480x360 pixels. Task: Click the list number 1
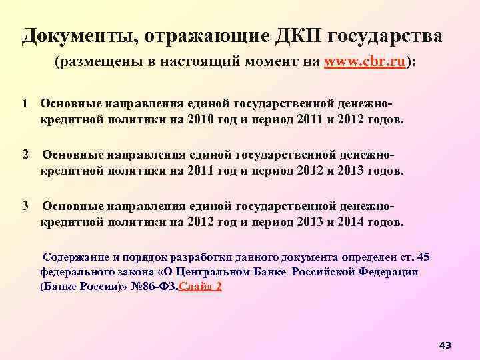click(x=24, y=104)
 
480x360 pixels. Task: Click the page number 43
click(x=445, y=345)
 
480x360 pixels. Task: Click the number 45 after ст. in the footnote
click(x=422, y=257)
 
